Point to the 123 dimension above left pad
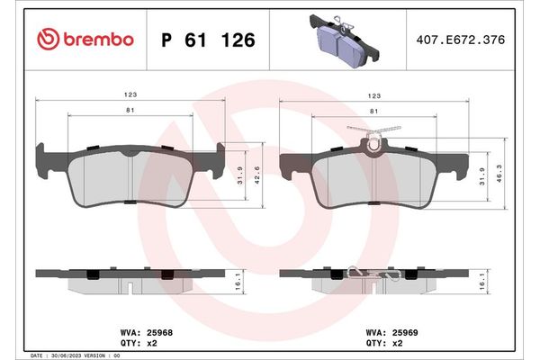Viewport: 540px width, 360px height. point(130,93)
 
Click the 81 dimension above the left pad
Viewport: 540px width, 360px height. point(131,111)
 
